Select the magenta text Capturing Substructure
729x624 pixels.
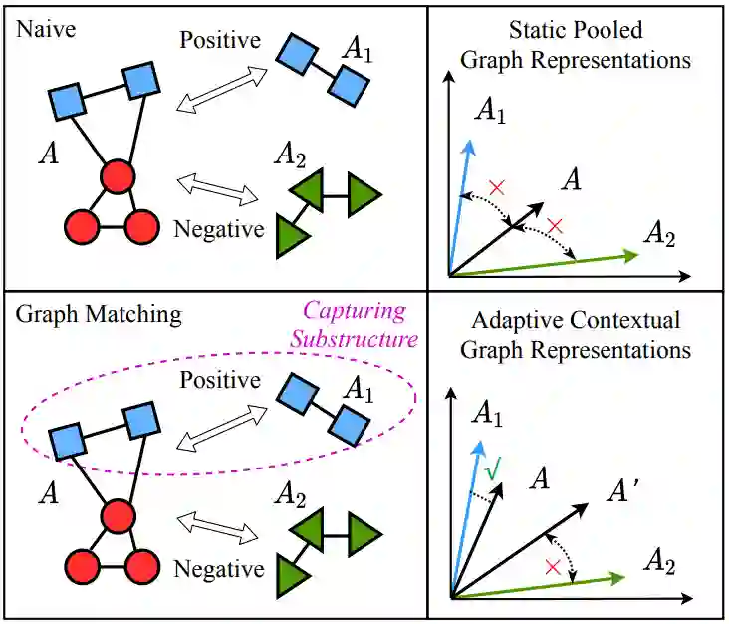pyautogui.click(x=355, y=324)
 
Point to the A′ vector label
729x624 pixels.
pyautogui.click(x=625, y=490)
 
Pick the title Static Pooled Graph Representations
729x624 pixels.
pyautogui.click(x=576, y=45)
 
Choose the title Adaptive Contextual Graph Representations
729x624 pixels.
pyautogui.click(x=576, y=335)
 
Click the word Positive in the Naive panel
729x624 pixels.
pyautogui.click(x=220, y=41)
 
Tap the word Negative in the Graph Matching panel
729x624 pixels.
pyautogui.click(x=219, y=569)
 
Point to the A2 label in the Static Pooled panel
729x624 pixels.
pyautogui.click(x=660, y=235)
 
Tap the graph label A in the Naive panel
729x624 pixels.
pyautogui.click(x=45, y=153)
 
